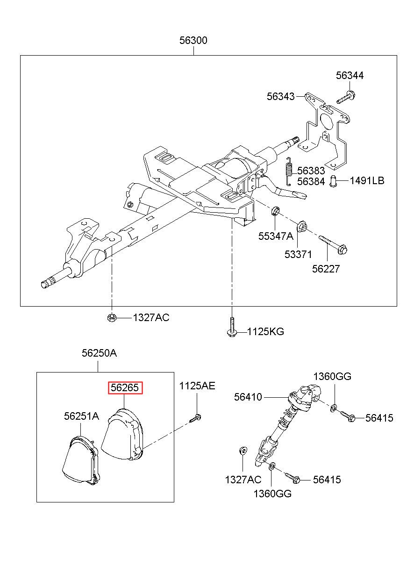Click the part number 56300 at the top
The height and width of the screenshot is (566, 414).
pyautogui.click(x=193, y=40)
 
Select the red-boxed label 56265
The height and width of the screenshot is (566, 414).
pyautogui.click(x=126, y=387)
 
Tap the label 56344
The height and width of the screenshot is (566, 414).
pyautogui.click(x=350, y=76)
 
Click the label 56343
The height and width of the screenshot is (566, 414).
pyautogui.click(x=281, y=97)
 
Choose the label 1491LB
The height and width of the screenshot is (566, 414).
pyautogui.click(x=367, y=181)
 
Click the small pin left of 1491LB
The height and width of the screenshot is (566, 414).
pyautogui.click(x=334, y=181)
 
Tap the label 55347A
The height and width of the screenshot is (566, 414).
pyautogui.click(x=276, y=236)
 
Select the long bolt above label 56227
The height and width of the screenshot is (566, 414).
pyautogui.click(x=333, y=244)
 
